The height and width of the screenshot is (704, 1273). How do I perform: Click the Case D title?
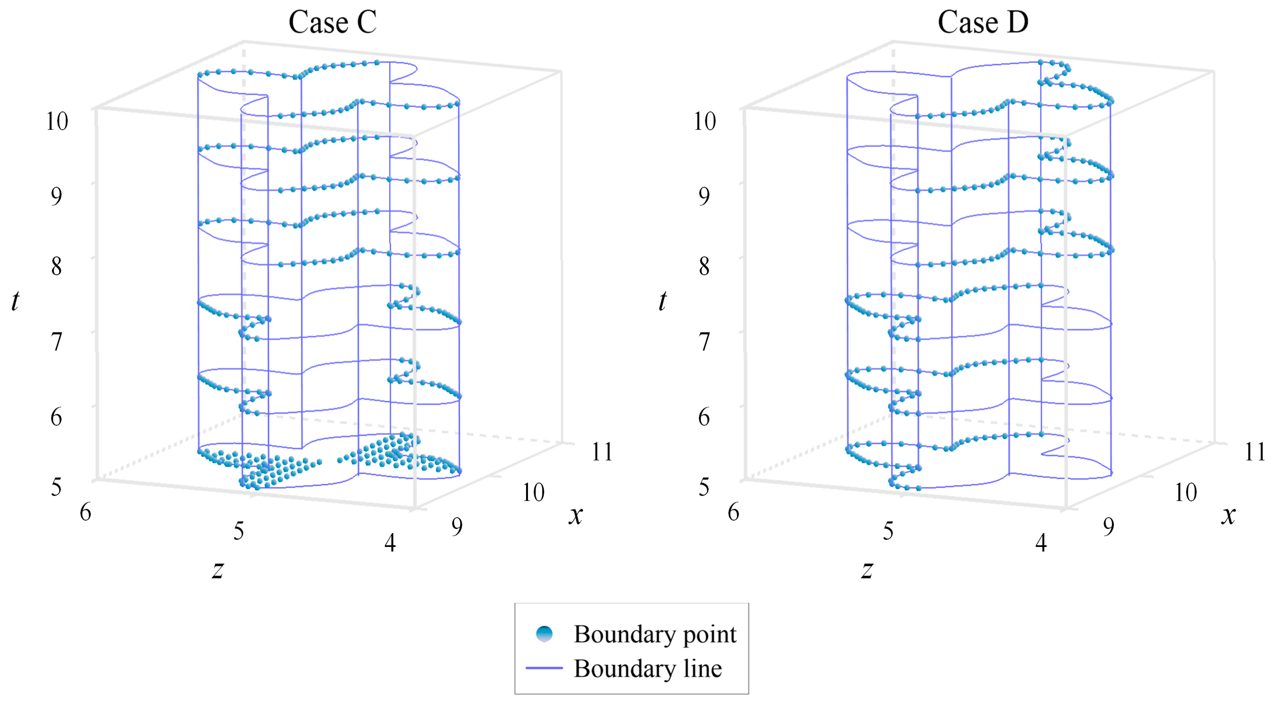pos(983,22)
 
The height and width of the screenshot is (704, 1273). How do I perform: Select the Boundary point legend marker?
pos(544,634)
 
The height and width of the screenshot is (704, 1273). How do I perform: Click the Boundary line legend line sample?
pos(544,668)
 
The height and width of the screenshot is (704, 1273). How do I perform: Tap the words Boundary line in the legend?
pos(647,668)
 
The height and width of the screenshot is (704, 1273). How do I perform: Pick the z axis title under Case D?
pos(867,569)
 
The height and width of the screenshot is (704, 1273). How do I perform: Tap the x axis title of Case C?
pos(576,515)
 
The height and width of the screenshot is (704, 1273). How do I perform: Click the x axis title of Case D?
pos(1228,515)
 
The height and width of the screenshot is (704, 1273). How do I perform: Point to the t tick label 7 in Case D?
pos(704,342)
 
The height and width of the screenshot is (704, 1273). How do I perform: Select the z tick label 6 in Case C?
pos(85,512)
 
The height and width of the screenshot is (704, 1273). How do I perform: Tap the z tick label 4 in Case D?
pos(1041,543)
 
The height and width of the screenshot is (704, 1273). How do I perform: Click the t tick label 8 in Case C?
pos(57,267)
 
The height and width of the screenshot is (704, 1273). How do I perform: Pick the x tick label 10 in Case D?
pos(1186,492)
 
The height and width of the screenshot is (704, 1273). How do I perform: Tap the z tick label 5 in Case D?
pos(888,531)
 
